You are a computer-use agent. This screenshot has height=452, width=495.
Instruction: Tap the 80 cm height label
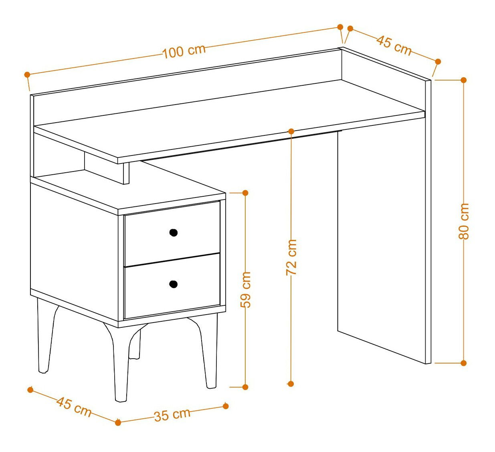tap(463, 221)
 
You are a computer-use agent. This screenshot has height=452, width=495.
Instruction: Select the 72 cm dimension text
tap(291, 257)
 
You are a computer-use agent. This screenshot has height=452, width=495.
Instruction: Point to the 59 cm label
tap(245, 290)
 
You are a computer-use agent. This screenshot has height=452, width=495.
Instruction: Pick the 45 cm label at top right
tap(394, 45)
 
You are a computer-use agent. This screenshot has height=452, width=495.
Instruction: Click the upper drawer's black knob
tap(174, 232)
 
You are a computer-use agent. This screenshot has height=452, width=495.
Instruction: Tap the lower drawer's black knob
tap(174, 284)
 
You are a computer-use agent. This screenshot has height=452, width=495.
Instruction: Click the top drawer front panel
tap(172, 234)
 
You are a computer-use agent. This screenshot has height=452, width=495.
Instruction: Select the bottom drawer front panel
tap(172, 286)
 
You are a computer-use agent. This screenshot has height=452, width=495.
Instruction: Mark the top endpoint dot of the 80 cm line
tap(463, 80)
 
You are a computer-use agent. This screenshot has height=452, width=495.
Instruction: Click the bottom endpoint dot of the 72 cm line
tap(291, 383)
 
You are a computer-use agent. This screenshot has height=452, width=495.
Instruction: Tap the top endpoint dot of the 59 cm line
tap(245, 193)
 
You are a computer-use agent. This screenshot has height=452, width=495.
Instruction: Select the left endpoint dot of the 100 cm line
tap(27, 74)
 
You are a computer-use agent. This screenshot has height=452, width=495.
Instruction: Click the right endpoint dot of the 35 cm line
tap(226, 406)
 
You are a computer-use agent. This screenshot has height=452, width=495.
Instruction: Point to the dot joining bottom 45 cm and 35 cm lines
tap(118, 422)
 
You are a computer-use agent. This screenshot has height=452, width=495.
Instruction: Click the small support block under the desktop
tap(126, 173)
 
